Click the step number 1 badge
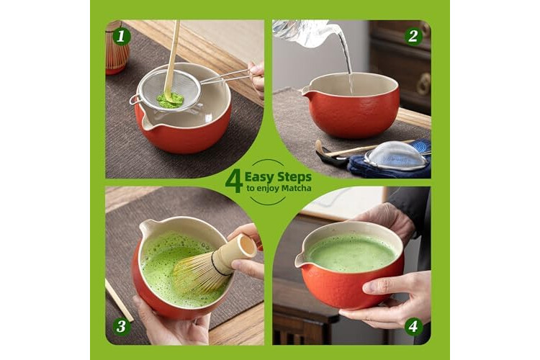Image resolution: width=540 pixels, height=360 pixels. (x=120, y=37)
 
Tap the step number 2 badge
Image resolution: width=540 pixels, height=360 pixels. (x=413, y=36)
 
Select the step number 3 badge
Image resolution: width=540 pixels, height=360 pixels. (x=121, y=326)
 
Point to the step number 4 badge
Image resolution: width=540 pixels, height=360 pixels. (x=413, y=326)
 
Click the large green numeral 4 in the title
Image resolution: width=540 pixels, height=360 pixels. (x=234, y=181)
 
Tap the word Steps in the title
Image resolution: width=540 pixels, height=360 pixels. (x=294, y=177)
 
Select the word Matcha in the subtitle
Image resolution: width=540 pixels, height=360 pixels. (x=296, y=188)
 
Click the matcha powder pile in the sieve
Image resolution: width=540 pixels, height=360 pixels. (x=170, y=99)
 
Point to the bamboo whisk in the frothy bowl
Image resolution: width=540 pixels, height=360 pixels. (x=214, y=264)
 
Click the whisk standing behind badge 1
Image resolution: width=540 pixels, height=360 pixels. (x=117, y=48)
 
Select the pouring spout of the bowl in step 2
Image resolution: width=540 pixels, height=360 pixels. (x=305, y=92)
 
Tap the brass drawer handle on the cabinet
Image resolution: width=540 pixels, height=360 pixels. (x=424, y=84)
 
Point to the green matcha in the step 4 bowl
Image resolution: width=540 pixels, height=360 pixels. (x=351, y=254)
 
